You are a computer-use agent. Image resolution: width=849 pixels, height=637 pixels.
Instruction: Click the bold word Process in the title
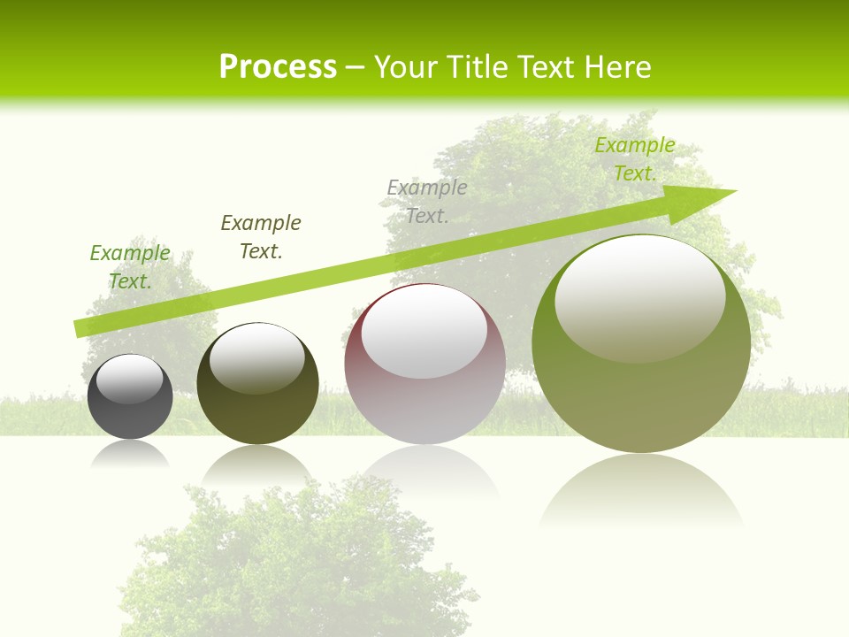[278, 67]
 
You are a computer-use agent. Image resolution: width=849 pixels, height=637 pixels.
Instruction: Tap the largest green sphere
[641, 398]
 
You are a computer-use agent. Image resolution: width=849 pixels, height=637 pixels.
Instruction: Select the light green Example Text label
[130, 267]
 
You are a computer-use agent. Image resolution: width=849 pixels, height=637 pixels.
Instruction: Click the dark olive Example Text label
[261, 237]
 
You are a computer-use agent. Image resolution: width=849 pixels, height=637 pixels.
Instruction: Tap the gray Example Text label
[427, 202]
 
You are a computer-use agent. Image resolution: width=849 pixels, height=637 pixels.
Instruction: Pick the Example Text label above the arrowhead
[635, 159]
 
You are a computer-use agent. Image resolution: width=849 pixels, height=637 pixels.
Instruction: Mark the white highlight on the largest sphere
[639, 296]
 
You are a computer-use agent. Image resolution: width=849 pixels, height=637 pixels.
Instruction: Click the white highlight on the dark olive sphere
[257, 358]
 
